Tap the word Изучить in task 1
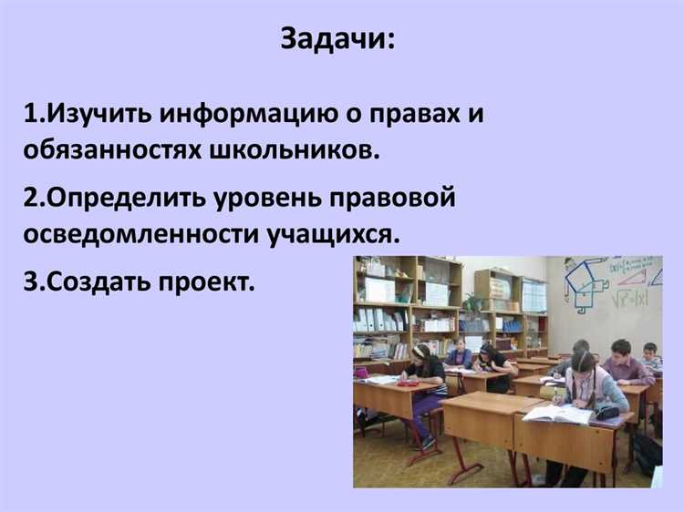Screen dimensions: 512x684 pyautogui.click(x=100, y=117)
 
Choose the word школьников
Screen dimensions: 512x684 pyautogui.click(x=301, y=150)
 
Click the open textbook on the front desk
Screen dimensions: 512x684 pyautogui.click(x=557, y=414)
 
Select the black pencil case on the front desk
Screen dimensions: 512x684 pyautogui.click(x=606, y=412)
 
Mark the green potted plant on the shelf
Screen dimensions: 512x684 pyautogui.click(x=472, y=302)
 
